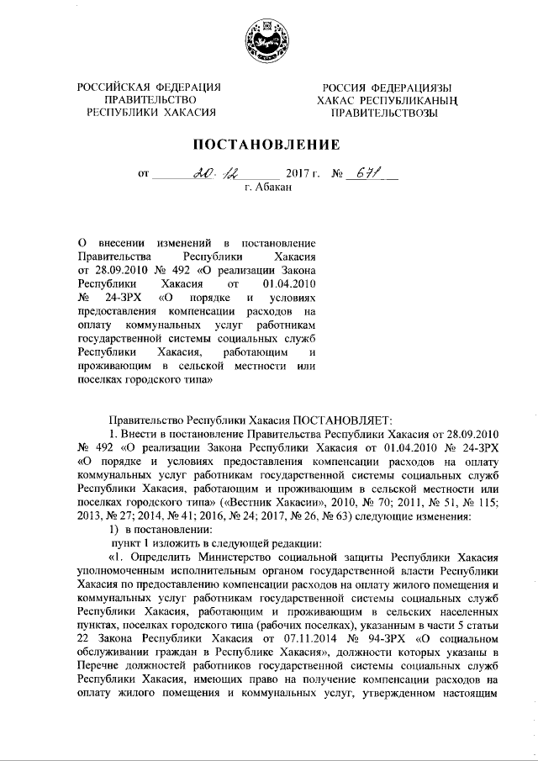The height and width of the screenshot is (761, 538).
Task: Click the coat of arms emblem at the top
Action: pos(269,40)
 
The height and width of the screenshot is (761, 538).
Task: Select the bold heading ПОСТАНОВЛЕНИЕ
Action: pos(269,144)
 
